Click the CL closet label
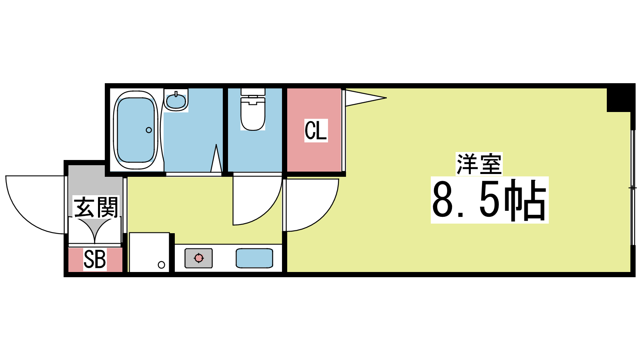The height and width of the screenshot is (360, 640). [x=316, y=130]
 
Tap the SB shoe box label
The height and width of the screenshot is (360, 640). [x=94, y=260]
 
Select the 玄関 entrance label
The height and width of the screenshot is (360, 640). [x=96, y=207]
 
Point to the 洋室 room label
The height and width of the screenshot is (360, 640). [x=479, y=164]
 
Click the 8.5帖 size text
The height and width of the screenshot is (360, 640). [x=490, y=200]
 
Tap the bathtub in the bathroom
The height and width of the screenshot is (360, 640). [x=136, y=130]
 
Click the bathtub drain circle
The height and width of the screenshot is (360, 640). [x=149, y=130]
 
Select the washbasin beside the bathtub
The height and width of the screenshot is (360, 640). [x=176, y=100]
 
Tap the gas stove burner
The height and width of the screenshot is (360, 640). [x=198, y=258]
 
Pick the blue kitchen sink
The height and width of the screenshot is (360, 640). [x=254, y=258]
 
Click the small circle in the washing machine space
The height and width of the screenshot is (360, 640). [x=162, y=265]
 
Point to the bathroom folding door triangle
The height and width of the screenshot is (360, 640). [x=216, y=158]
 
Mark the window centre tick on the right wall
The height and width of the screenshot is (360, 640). [x=633, y=188]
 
